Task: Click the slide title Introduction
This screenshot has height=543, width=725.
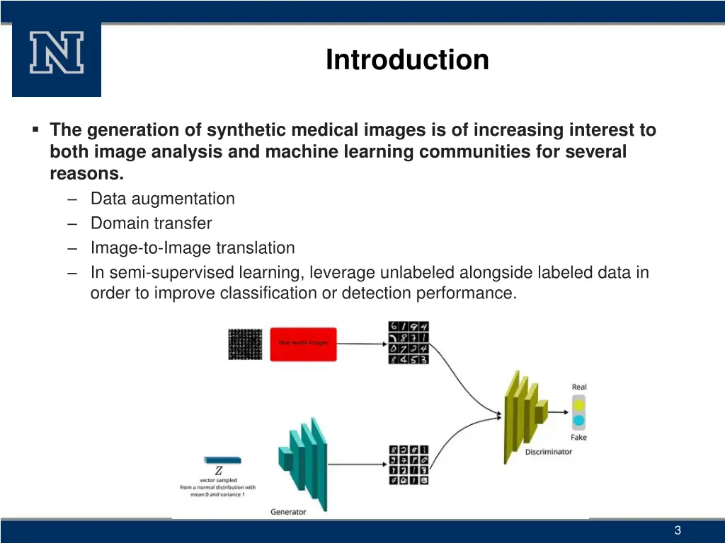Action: [x=407, y=60]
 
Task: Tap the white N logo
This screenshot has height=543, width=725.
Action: [x=57, y=54]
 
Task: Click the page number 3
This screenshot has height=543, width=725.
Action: [x=678, y=531]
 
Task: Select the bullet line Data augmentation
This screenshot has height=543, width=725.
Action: [x=162, y=199]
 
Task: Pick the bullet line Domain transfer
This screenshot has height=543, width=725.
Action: [x=151, y=223]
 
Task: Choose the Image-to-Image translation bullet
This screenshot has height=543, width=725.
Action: [x=193, y=248]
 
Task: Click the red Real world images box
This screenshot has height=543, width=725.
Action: [x=303, y=343]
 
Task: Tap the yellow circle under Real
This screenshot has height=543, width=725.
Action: [x=578, y=404]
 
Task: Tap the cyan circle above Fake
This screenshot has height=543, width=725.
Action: [x=578, y=421]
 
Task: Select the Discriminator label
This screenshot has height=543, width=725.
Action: [x=548, y=452]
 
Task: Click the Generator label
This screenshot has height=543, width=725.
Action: [x=288, y=512]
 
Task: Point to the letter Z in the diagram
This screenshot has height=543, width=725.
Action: [x=219, y=471]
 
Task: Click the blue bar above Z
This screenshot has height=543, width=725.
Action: [x=221, y=460]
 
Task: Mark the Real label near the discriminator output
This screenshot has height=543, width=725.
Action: [x=579, y=387]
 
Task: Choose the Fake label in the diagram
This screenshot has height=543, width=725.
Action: [x=578, y=438]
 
